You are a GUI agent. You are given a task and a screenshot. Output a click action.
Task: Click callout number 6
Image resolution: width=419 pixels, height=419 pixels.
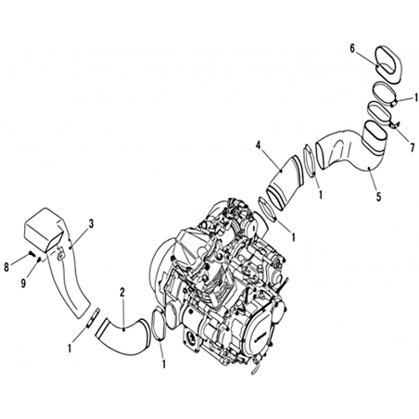pos(352,48)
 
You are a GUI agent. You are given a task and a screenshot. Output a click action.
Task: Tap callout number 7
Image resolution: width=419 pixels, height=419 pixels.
pos(413,147)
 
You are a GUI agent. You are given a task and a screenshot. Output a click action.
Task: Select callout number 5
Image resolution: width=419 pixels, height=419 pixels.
pos(378,197)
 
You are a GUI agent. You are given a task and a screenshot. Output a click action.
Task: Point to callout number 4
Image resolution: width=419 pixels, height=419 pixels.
pos(259,145)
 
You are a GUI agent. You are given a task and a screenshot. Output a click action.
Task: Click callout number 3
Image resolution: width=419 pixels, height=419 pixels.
pos(91,224)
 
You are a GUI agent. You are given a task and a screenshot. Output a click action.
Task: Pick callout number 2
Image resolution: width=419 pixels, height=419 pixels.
pos(122,292)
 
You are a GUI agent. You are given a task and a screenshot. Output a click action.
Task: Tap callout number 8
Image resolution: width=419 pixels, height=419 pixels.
pos(6,267)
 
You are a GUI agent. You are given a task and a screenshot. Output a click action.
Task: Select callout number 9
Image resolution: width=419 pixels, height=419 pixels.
pos(23,283)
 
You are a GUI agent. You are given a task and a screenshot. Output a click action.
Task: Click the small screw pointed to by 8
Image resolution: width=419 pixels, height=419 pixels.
pos(31,253)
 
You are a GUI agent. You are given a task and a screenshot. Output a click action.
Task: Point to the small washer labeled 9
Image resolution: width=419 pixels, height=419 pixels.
pos(39,260)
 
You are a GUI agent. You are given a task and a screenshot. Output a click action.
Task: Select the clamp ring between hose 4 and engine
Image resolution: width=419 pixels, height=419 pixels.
pos(268,210)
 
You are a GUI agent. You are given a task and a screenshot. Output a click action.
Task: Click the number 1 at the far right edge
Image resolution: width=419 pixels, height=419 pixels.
pos(415,98)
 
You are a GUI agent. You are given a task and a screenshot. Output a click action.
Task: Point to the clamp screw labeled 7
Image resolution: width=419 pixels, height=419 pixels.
pos(393,125)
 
